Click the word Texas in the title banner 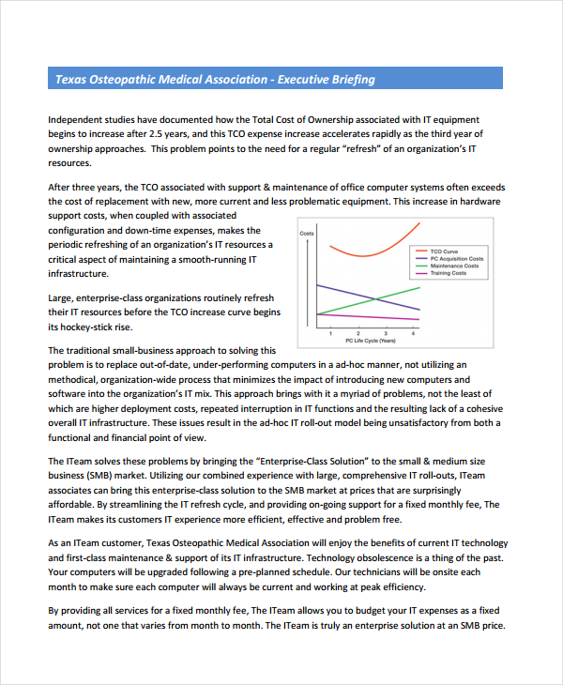(x=70, y=80)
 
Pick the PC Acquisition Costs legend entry (x=456, y=259)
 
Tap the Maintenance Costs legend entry (x=454, y=266)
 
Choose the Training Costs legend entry (x=448, y=273)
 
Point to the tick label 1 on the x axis (x=330, y=333)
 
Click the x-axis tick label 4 (x=414, y=333)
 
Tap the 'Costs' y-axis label (x=307, y=233)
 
